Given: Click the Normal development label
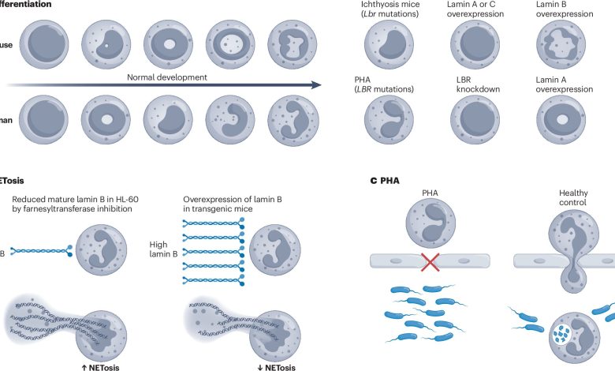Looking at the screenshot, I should [168, 77].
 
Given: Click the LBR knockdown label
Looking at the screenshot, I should [469, 84].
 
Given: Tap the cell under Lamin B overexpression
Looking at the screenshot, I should [561, 43].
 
